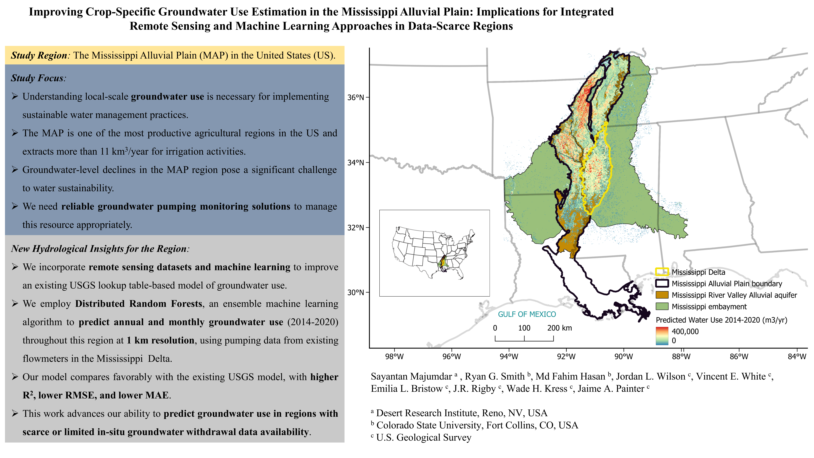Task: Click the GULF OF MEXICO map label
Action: point(527,314)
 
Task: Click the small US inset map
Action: point(434,253)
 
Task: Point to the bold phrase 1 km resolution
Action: point(161,340)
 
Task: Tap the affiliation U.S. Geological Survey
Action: point(423,437)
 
